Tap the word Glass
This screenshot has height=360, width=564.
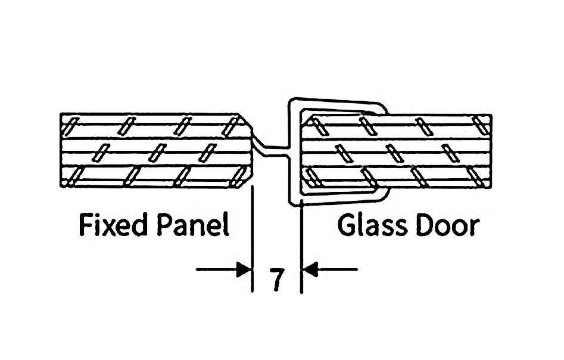372,226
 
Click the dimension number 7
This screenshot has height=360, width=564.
276,280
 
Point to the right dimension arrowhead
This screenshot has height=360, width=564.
310,269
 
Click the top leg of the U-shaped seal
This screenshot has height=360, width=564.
336,103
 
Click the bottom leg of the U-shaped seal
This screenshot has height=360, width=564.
339,199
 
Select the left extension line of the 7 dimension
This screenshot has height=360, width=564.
253,238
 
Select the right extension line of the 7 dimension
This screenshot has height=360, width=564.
301,244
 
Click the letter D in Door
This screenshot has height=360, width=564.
422,226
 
